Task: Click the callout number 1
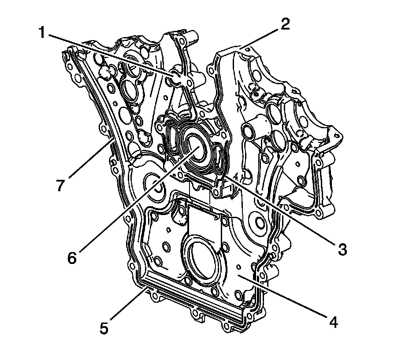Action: pyautogui.click(x=42, y=33)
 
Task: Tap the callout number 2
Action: pyautogui.click(x=285, y=24)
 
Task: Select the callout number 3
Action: pyautogui.click(x=342, y=249)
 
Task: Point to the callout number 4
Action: pyautogui.click(x=333, y=322)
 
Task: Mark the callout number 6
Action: pyautogui.click(x=72, y=257)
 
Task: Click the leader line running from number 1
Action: pyautogui.click(x=110, y=55)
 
